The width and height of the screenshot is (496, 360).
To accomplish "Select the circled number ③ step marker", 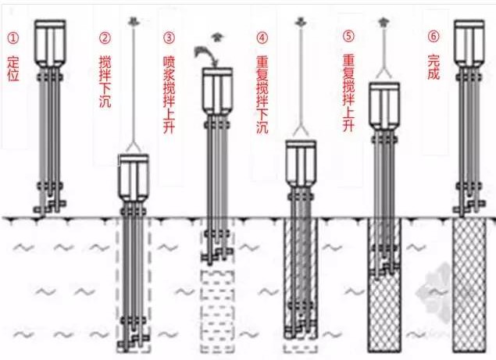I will [169, 37].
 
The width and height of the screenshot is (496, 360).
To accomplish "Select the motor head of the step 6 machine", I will [473, 42].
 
